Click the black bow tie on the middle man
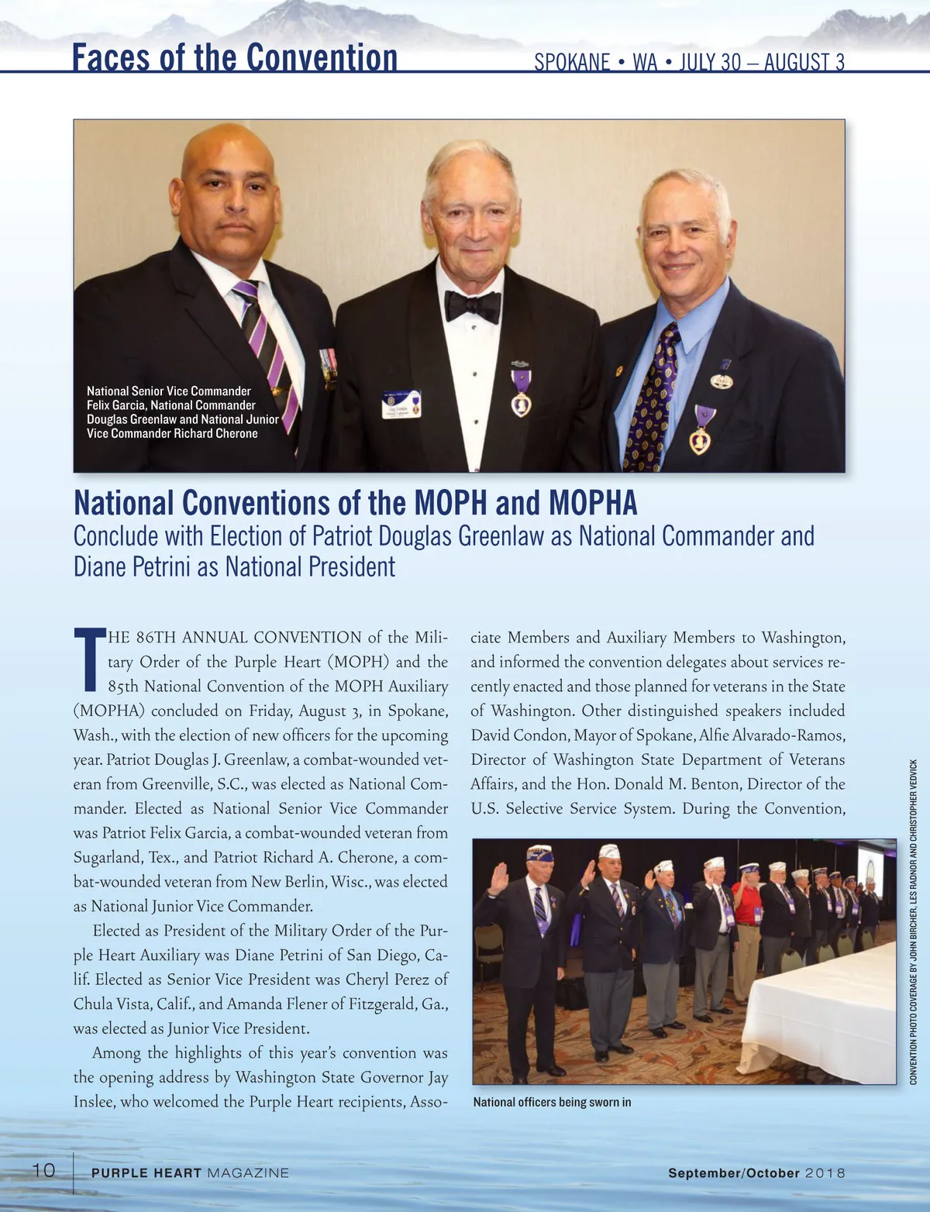(472, 306)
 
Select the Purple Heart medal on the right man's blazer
(701, 430)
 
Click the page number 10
(43, 1169)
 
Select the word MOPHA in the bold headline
(593, 504)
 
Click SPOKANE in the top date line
(571, 63)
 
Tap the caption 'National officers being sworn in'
(552, 1102)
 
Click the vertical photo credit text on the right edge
(914, 922)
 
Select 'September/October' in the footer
(734, 1173)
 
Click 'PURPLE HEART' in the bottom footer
(146, 1173)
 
